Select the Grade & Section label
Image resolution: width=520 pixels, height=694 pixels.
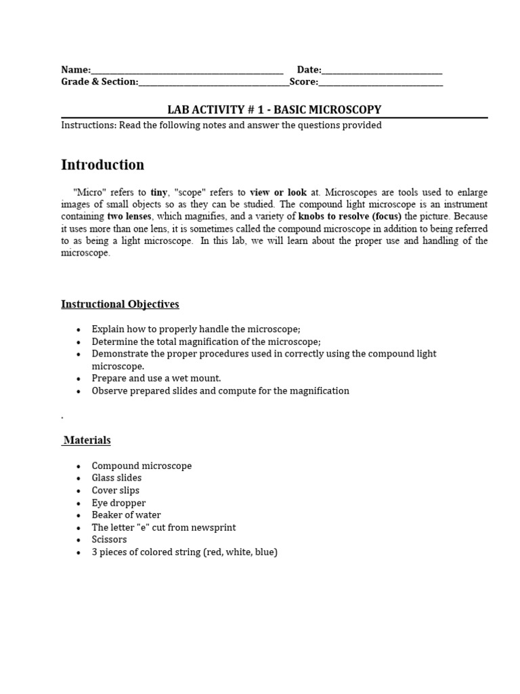100,82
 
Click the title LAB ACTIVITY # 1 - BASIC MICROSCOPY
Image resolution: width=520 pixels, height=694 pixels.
274,109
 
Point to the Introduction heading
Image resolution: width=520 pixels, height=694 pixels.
102,165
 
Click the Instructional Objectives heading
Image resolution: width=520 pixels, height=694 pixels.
120,304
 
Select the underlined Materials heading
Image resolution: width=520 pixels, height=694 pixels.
87,441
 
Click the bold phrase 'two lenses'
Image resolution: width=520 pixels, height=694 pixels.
129,217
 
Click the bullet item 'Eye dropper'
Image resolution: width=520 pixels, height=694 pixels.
118,503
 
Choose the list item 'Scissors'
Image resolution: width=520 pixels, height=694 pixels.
109,539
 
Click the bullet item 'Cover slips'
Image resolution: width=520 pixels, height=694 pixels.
116,490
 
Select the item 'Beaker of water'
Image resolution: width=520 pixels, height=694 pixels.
126,515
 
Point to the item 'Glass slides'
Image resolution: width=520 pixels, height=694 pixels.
116,478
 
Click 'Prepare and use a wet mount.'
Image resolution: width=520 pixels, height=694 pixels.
156,378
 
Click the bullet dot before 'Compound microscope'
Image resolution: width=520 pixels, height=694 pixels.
79,466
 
